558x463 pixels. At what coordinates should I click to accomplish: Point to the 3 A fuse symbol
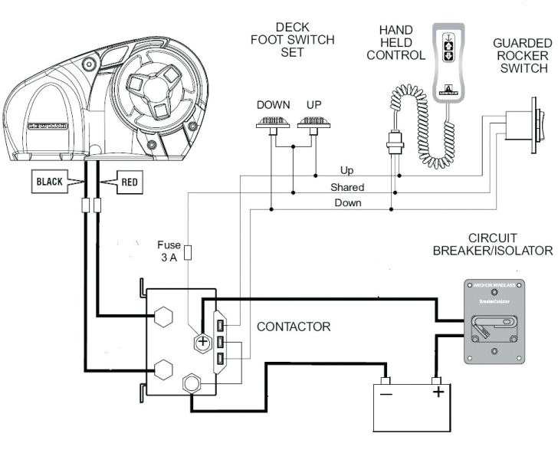(188, 254)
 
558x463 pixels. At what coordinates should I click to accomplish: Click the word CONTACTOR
(294, 327)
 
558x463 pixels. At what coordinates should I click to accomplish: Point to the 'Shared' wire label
(347, 187)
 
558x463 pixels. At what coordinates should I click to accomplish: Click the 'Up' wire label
(347, 170)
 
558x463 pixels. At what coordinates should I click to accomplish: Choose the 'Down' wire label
(347, 203)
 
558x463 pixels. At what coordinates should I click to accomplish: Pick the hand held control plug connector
(396, 143)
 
